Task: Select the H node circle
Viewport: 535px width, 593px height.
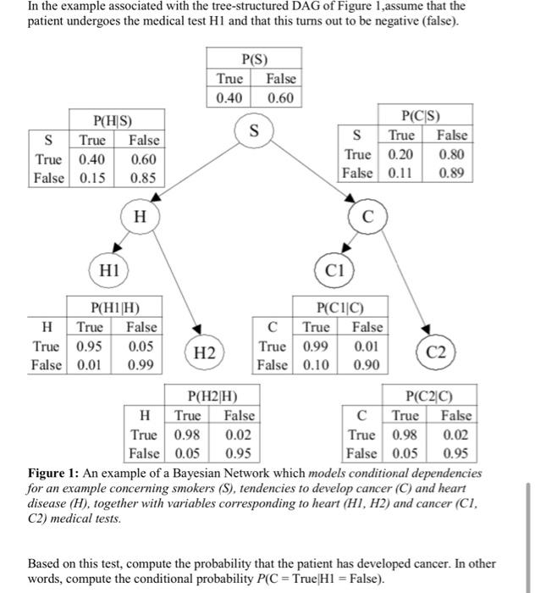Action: tap(138, 217)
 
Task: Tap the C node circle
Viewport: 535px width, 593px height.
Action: tap(367, 218)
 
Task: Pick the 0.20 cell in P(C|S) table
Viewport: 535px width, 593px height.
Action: tap(401, 154)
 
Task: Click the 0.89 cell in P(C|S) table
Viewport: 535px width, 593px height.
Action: tap(451, 173)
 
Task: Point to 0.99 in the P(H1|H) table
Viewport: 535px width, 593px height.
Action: tap(141, 364)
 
